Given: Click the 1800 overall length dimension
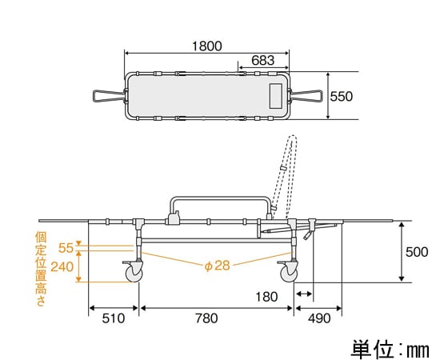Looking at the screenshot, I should point(206,46).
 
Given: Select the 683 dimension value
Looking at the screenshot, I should point(263,60).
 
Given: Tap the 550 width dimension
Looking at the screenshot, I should point(341,96).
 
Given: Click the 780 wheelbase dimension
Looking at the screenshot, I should point(206,318).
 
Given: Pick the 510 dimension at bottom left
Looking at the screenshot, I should point(114,318).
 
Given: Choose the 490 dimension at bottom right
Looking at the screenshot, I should point(319,318).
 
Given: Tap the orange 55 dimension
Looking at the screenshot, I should point(66,249).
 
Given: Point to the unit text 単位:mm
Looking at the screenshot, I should point(388,349).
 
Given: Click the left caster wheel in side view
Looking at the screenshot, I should point(134,273).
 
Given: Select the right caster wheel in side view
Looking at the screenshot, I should point(288,273).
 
